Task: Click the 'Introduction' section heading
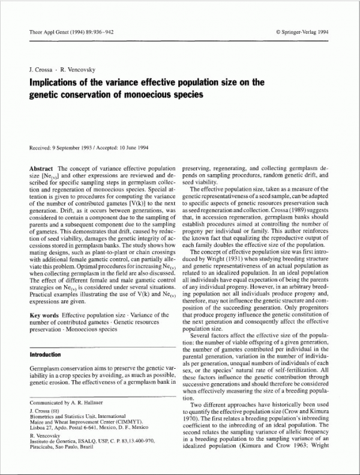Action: [49, 355]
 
